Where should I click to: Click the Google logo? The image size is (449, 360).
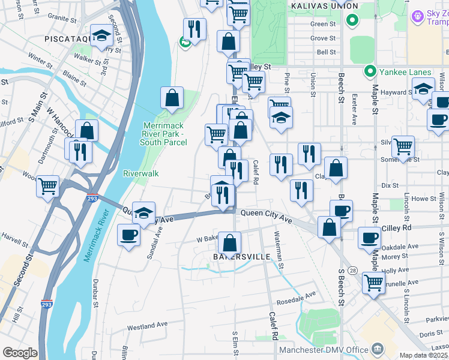[20, 353]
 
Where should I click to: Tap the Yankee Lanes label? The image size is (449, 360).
[397, 73]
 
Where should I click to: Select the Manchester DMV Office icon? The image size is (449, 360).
[377, 349]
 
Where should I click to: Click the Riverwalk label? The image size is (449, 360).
[140, 173]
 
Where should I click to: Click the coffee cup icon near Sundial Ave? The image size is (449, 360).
[128, 234]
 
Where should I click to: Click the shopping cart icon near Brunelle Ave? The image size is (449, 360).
[373, 281]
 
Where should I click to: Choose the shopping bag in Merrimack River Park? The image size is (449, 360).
[172, 99]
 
